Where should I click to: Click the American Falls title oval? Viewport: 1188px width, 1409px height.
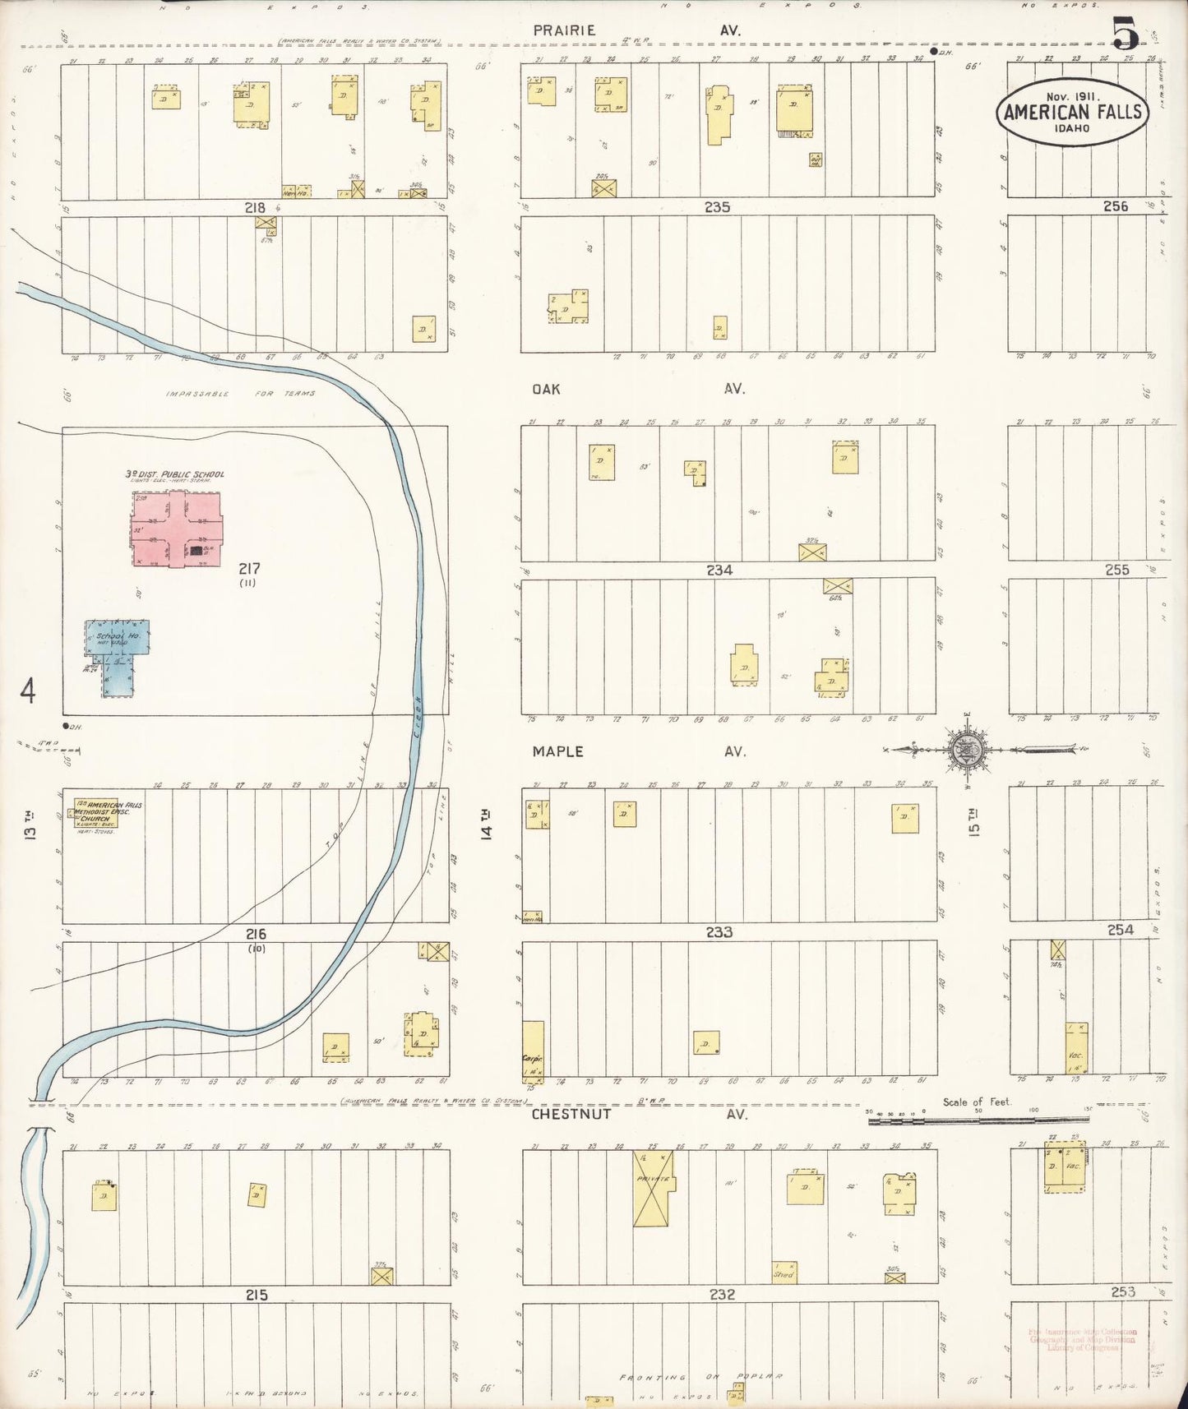(1072, 113)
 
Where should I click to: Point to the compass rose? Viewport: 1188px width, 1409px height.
(959, 749)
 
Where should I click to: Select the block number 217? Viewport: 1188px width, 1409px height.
(249, 568)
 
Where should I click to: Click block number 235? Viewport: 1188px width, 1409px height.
(718, 207)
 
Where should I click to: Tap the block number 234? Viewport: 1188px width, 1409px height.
(719, 570)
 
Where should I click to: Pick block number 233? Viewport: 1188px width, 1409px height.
(719, 932)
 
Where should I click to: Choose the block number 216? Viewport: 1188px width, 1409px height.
(256, 934)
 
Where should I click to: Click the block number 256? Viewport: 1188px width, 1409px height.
(1116, 206)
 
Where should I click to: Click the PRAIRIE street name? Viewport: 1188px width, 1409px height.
(563, 30)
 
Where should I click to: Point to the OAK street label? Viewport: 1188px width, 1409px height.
(546, 389)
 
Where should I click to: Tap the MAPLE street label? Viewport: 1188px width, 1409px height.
(557, 751)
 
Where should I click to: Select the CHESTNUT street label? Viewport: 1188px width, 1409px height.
(571, 1114)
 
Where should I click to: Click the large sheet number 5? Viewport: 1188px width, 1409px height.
(1126, 35)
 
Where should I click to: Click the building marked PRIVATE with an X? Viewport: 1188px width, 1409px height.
(654, 1189)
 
